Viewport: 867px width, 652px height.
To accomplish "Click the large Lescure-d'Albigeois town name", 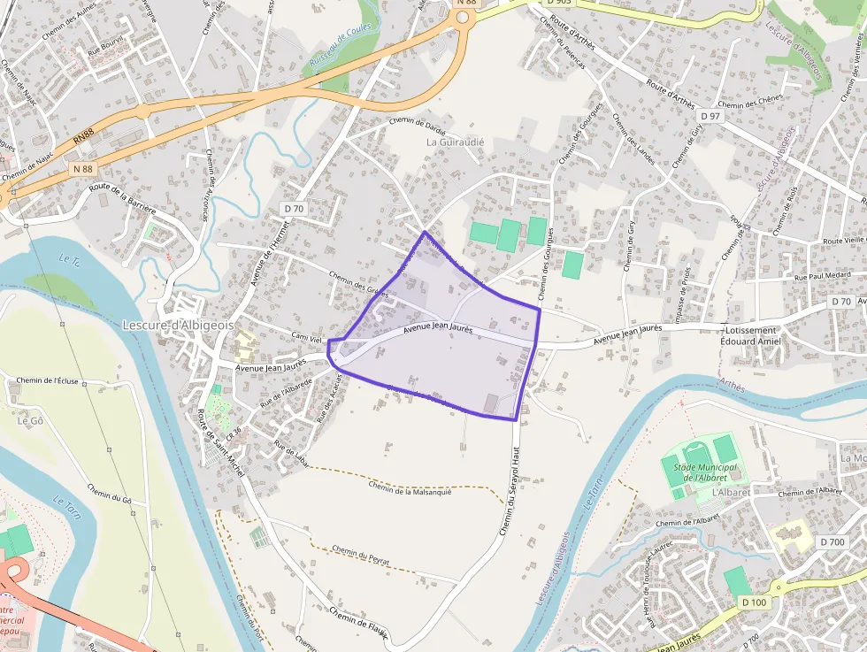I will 178,325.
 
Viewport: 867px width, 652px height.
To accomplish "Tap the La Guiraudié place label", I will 456,142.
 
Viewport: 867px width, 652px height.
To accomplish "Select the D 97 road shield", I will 710,116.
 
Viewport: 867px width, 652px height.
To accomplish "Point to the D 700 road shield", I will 832,541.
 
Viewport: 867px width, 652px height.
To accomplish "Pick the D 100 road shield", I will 753,602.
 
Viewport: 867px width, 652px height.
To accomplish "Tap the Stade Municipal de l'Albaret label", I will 706,472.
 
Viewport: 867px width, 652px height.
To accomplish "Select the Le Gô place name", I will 30,420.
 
